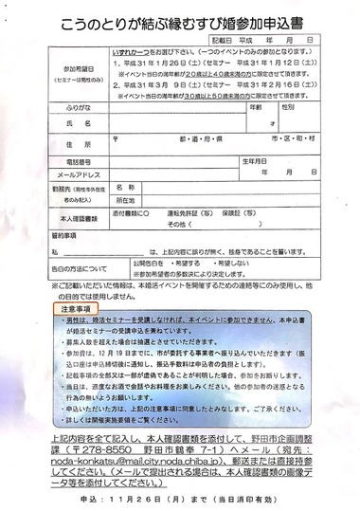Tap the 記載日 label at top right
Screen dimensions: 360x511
pos(219,43)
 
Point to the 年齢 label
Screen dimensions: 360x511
pos(254,108)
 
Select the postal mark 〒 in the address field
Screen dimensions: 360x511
pos(115,137)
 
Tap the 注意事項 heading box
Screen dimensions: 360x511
pos(72,307)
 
